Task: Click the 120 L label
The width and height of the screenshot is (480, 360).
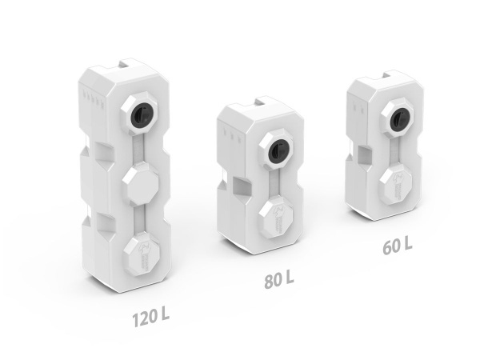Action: pyautogui.click(x=151, y=318)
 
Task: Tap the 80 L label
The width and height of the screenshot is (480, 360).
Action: pyautogui.click(x=279, y=279)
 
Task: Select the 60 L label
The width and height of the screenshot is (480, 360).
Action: pyautogui.click(x=398, y=246)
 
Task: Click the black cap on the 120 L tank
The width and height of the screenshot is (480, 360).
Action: pyautogui.click(x=139, y=114)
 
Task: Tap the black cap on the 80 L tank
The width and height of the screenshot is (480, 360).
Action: pyautogui.click(x=278, y=150)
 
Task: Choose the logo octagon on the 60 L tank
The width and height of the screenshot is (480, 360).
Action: pyautogui.click(x=398, y=182)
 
